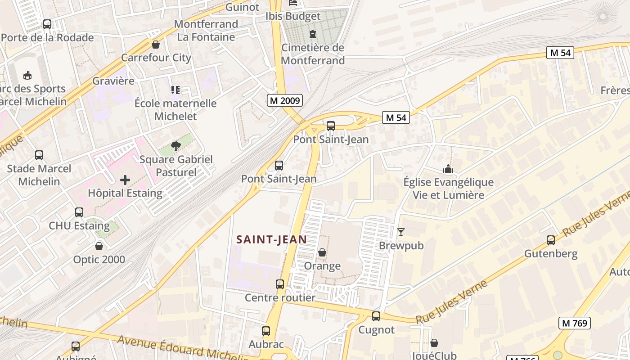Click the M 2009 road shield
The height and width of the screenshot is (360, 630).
(x=285, y=100)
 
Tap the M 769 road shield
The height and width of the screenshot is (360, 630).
(x=574, y=323)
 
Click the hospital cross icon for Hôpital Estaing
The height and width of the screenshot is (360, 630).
(x=125, y=180)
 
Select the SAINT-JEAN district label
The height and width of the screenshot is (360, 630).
(x=272, y=240)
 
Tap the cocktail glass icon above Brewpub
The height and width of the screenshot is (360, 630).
(x=401, y=232)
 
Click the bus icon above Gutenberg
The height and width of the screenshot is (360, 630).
(x=551, y=240)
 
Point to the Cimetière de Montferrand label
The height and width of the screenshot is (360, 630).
(x=313, y=54)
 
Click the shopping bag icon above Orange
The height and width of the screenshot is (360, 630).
(x=322, y=252)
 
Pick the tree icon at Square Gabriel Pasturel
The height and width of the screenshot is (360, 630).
(x=176, y=146)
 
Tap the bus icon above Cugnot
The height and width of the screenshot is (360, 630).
(x=376, y=316)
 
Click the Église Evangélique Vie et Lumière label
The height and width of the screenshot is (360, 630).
(x=448, y=189)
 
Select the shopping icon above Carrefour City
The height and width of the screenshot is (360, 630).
(x=156, y=45)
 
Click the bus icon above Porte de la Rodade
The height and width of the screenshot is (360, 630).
(x=47, y=24)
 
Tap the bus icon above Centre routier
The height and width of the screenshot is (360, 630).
(x=280, y=284)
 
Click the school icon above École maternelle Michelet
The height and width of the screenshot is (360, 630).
(x=175, y=90)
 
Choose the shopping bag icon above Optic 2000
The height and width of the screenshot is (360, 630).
(x=99, y=246)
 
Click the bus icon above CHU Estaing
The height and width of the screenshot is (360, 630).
(x=79, y=212)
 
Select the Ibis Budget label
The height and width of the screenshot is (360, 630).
(x=293, y=16)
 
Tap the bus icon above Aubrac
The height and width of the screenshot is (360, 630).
(x=266, y=331)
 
